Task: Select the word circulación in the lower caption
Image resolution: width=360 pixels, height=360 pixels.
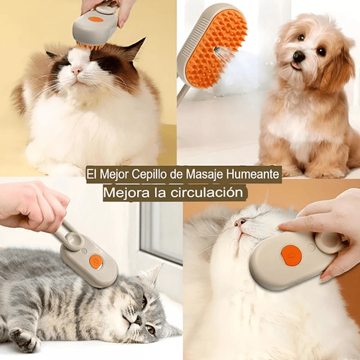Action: pos(207,192)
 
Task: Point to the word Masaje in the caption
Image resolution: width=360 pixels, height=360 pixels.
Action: pos(204,175)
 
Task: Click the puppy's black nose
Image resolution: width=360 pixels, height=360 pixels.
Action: pos(299,56)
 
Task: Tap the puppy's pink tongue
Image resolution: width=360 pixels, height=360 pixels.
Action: pos(296,66)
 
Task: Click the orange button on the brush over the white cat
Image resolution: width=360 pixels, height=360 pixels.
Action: pos(292,256)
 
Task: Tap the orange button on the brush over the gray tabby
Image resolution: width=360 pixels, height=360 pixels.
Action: pos(96,261)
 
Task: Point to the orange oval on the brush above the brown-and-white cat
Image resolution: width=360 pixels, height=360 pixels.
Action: pos(96,19)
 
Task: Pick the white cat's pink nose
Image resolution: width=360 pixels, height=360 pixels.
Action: pos(240,222)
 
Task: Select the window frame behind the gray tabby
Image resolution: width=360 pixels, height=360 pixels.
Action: pos(161,232)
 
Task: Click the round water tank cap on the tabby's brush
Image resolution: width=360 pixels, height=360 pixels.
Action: pos(74,241)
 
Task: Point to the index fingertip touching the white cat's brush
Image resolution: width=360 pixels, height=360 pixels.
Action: pos(282,228)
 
